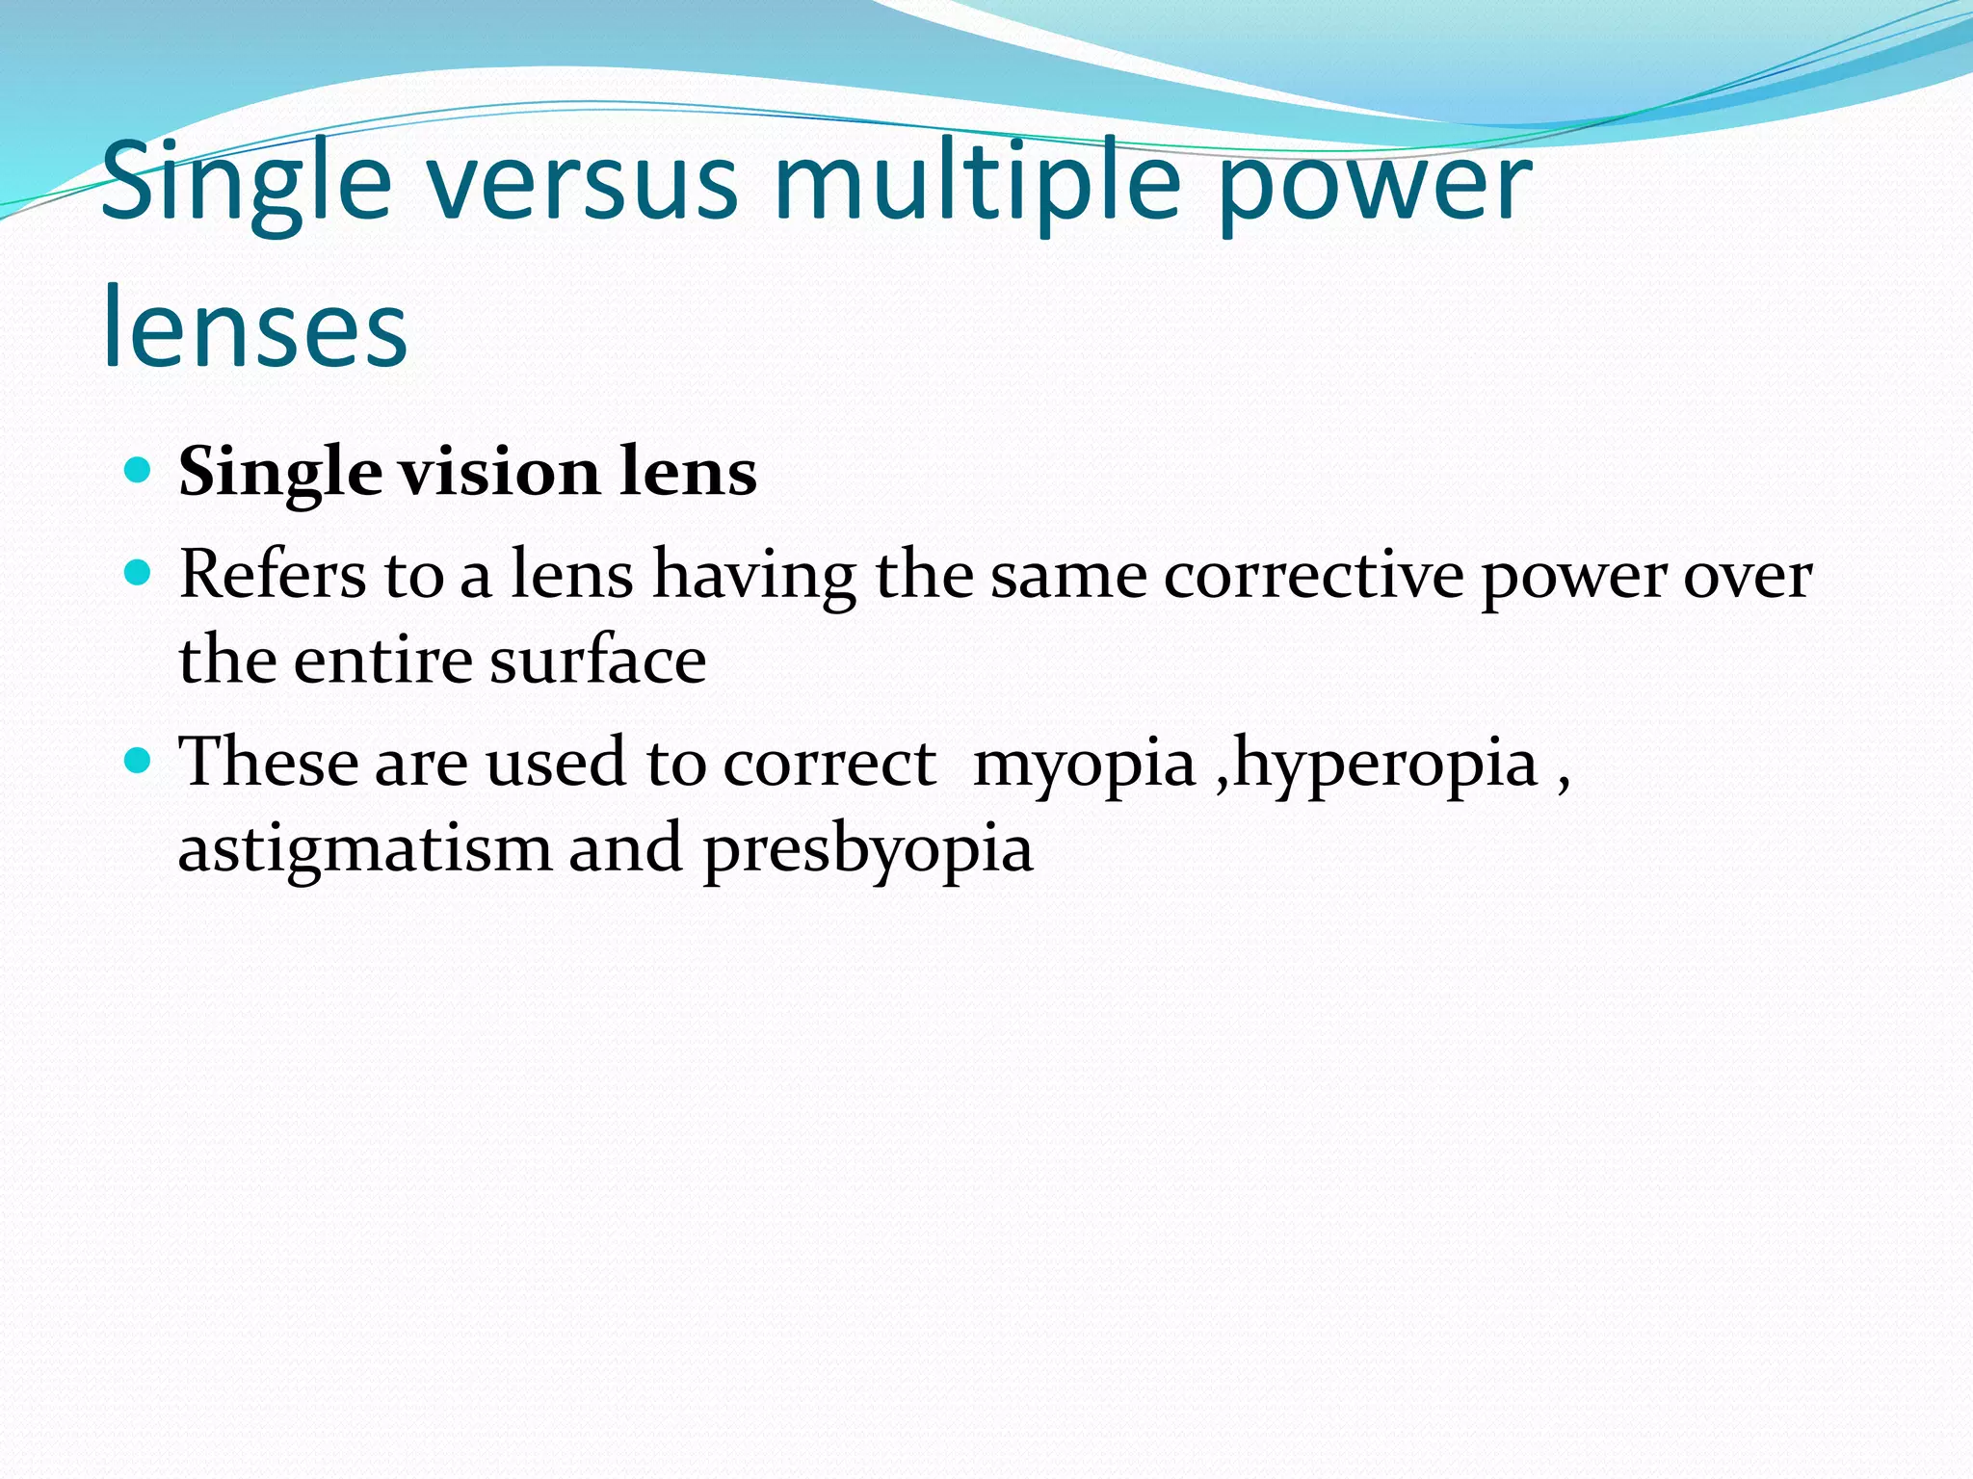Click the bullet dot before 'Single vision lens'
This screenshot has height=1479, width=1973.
[139, 471]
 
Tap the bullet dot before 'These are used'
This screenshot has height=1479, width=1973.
[139, 762]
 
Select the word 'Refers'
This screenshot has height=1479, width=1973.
[273, 575]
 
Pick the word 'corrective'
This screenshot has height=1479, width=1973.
[1313, 577]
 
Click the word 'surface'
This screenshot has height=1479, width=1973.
[597, 662]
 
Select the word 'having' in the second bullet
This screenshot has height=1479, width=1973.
[754, 577]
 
